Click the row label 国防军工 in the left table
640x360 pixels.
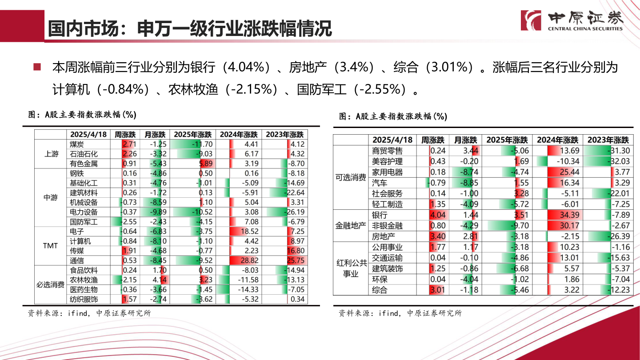[84, 222]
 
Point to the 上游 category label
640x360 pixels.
[51, 154]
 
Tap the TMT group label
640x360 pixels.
[51, 246]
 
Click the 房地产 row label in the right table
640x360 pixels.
[383, 236]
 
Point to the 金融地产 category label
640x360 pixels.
[351, 226]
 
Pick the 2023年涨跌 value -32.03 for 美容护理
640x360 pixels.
[608, 161]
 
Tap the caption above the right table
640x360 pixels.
[393, 116]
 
